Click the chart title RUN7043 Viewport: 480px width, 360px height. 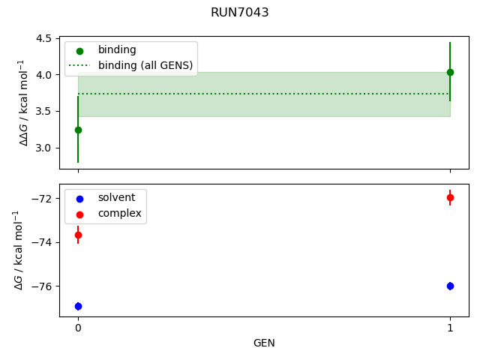(240, 13)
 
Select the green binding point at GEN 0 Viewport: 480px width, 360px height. (78, 130)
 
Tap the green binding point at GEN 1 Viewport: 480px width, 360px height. (450, 72)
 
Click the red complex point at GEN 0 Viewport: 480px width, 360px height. (78, 235)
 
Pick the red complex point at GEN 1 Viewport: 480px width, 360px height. (450, 197)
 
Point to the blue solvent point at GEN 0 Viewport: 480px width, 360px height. (78, 306)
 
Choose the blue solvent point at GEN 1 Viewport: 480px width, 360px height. (450, 286)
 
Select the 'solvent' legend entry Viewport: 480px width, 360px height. (116, 198)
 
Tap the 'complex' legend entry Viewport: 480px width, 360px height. (119, 214)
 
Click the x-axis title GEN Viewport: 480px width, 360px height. (264, 343)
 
